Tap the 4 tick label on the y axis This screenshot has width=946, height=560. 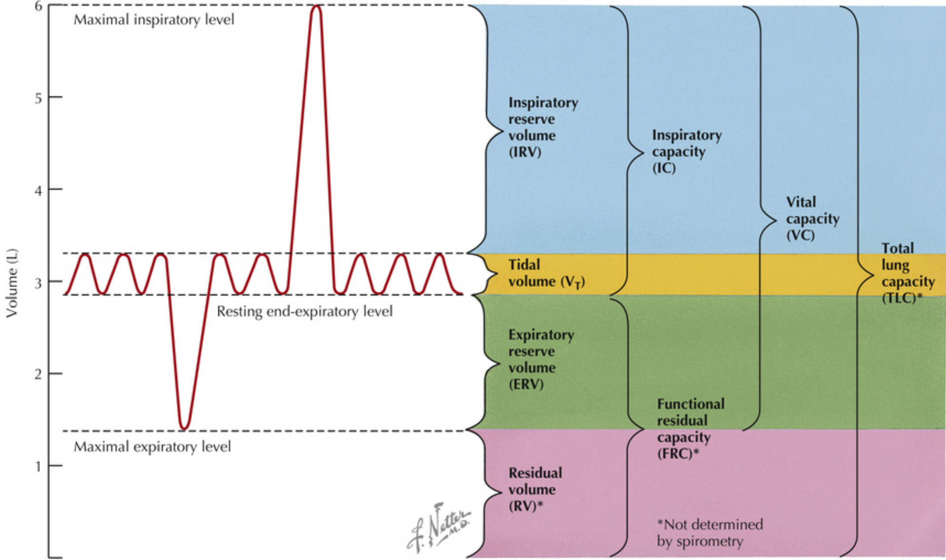38,190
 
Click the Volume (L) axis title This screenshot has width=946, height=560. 12,283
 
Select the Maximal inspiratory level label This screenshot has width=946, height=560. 154,20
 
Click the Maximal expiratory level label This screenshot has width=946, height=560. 152,447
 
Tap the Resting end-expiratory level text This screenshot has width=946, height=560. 304,312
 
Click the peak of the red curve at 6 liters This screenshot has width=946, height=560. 316,7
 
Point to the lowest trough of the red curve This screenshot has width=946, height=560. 184,428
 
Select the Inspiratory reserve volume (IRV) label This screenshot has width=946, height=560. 543,127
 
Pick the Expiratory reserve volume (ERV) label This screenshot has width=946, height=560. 541,359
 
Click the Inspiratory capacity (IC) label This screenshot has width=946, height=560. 686,152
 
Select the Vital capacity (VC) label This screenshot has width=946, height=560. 812,219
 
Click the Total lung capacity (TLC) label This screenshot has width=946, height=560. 907,273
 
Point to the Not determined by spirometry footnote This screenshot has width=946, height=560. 709,533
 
